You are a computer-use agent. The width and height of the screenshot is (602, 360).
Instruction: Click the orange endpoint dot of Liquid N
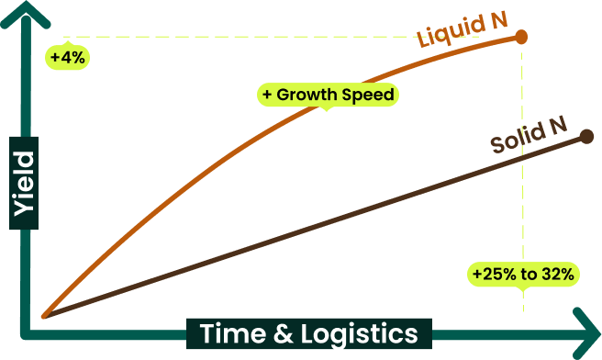(x=521, y=37)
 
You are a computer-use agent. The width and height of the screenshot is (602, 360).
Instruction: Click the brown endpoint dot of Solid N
(x=586, y=137)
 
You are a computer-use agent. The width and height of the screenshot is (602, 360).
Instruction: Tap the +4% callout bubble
(x=68, y=58)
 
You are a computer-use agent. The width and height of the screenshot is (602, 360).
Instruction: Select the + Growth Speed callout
(x=328, y=95)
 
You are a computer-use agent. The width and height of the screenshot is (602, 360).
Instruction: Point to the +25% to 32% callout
(x=523, y=275)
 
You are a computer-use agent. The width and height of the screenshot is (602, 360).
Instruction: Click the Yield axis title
(x=24, y=184)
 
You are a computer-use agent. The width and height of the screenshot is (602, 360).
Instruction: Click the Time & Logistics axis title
(x=309, y=333)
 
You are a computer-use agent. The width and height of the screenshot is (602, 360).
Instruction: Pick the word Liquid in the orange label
(x=445, y=33)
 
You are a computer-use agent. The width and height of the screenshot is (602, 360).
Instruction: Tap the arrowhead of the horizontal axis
(x=588, y=333)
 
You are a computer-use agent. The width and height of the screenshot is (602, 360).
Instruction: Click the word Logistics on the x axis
(x=359, y=334)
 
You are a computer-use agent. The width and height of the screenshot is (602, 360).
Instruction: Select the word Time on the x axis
(x=233, y=333)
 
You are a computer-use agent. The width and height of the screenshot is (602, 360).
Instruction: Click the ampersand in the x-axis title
(x=283, y=333)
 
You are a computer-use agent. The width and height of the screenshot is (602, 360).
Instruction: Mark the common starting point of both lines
(x=45, y=316)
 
